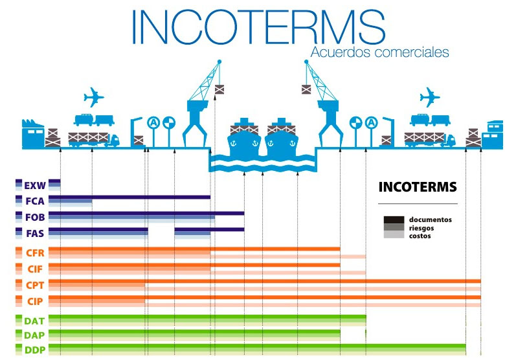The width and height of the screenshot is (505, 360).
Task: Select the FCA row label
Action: pyautogui.click(x=34, y=201)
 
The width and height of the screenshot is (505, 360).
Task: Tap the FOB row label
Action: pyautogui.click(x=34, y=217)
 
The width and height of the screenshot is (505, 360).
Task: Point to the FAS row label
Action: pyautogui.click(x=34, y=233)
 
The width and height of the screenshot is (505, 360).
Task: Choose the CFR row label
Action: pyautogui.click(x=34, y=252)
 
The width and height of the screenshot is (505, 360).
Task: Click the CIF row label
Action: pyautogui.click(x=35, y=268)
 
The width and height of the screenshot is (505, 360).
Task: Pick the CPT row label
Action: pyautogui.click(x=34, y=285)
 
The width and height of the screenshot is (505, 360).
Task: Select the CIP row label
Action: pyautogui.click(x=35, y=301)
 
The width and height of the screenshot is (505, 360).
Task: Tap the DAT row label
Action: pyautogui.click(x=34, y=321)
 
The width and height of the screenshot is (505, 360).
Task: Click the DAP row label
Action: pyautogui.click(x=34, y=335)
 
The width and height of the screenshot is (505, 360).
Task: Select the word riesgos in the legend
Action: pyautogui.click(x=421, y=228)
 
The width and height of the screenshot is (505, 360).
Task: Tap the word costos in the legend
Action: pyautogui.click(x=420, y=236)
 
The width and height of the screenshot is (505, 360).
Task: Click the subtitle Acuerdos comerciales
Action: pyautogui.click(x=379, y=52)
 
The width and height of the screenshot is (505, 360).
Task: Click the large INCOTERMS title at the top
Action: pyautogui.click(x=258, y=27)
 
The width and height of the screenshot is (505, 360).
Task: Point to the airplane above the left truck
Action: pyautogui.click(x=94, y=98)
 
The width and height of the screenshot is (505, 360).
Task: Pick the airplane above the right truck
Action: pyautogui.click(x=429, y=98)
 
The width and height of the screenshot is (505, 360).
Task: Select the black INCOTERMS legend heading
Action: pyautogui.click(x=417, y=188)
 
